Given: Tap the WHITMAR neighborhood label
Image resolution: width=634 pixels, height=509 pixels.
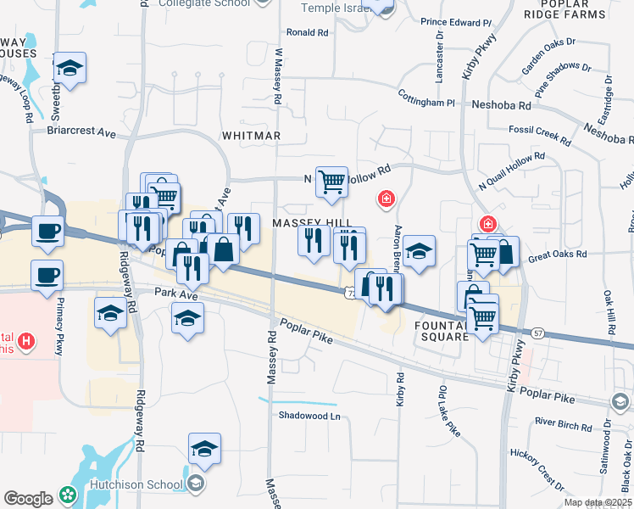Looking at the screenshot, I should click(x=250, y=136).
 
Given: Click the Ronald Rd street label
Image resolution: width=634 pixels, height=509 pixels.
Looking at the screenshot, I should click(x=307, y=32).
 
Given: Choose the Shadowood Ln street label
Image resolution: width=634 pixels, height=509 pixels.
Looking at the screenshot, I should click(x=309, y=416).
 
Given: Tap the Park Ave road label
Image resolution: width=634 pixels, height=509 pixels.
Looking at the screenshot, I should click(x=175, y=293).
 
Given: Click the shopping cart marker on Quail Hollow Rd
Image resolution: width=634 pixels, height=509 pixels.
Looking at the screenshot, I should click(x=331, y=181).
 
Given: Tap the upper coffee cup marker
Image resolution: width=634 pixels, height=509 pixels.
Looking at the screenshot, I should click(x=47, y=230).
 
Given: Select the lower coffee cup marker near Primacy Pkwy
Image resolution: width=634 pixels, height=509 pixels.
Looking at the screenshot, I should click(x=47, y=274).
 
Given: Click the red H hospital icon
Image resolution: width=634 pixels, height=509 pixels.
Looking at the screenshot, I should click(x=28, y=342).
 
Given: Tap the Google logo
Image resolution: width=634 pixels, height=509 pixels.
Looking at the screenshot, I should click(x=28, y=499).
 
